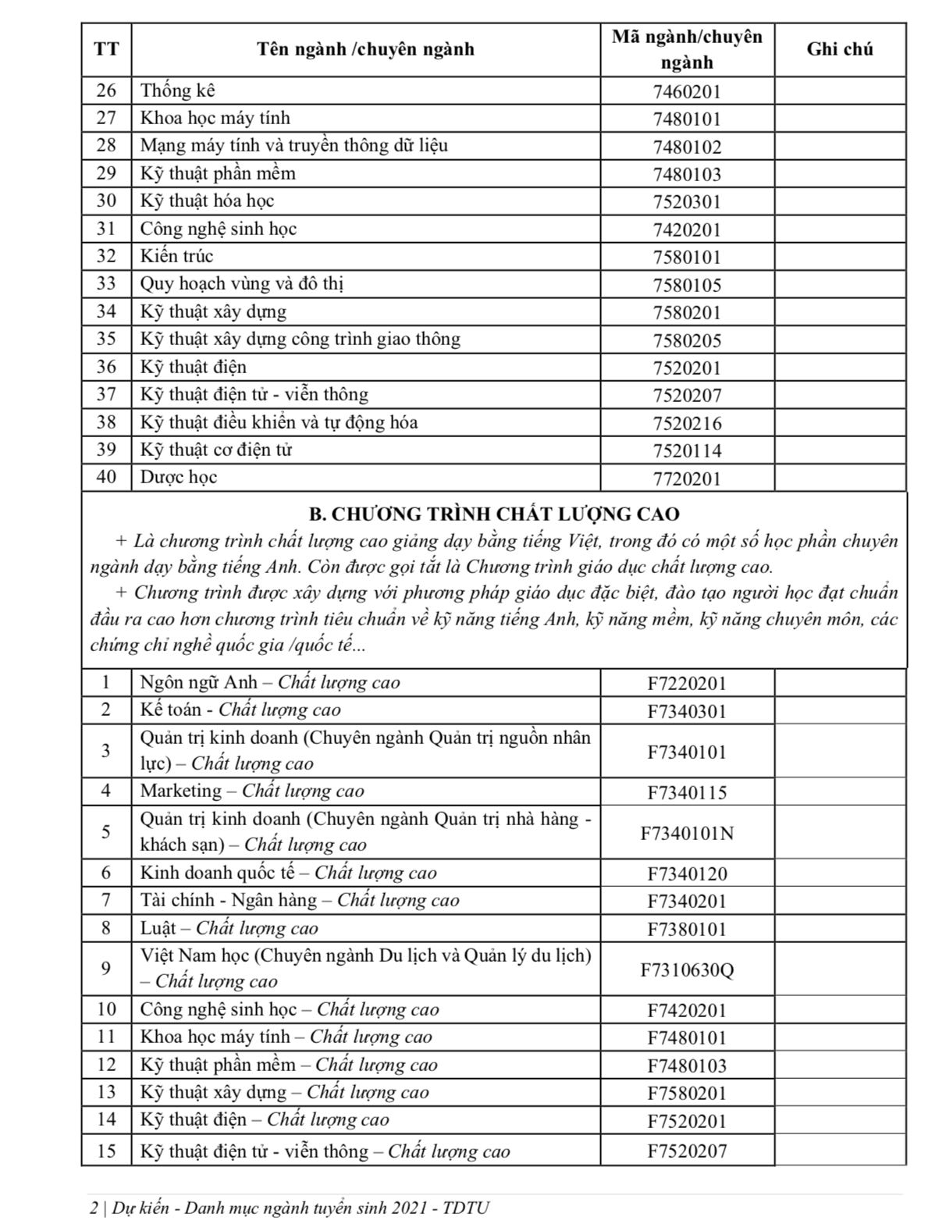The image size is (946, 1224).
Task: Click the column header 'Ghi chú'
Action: pyautogui.click(x=839, y=49)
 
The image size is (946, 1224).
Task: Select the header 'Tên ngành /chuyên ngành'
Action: pyautogui.click(x=365, y=49)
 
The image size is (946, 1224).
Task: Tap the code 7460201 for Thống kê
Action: pyautogui.click(x=687, y=91)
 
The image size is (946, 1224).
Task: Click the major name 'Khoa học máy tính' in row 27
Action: pyautogui.click(x=215, y=118)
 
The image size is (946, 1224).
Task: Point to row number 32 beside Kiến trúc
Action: pyautogui.click(x=106, y=256)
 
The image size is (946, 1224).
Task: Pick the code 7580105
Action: pyautogui.click(x=687, y=285)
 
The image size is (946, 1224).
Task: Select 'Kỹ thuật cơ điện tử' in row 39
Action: pyautogui.click(x=216, y=450)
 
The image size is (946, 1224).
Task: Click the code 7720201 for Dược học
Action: pyautogui.click(x=687, y=479)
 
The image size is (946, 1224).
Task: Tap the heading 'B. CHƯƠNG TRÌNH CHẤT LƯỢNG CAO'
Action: pyautogui.click(x=494, y=514)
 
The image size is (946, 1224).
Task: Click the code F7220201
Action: pyautogui.click(x=687, y=684)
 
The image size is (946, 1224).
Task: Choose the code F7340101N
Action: pyautogui.click(x=687, y=833)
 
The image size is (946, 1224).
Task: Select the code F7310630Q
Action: pyautogui.click(x=687, y=970)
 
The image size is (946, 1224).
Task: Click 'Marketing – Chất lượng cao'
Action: pyautogui.click(x=251, y=791)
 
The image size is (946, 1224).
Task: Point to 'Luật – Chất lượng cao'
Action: pyautogui.click(x=229, y=928)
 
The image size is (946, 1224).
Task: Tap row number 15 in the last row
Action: pyautogui.click(x=106, y=1151)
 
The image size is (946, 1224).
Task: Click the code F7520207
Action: pyautogui.click(x=687, y=1151)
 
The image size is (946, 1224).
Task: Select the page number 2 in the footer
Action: pyautogui.click(x=94, y=1208)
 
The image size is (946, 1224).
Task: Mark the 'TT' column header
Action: pyautogui.click(x=106, y=49)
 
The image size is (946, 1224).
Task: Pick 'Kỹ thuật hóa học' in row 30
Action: pyautogui.click(x=207, y=201)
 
